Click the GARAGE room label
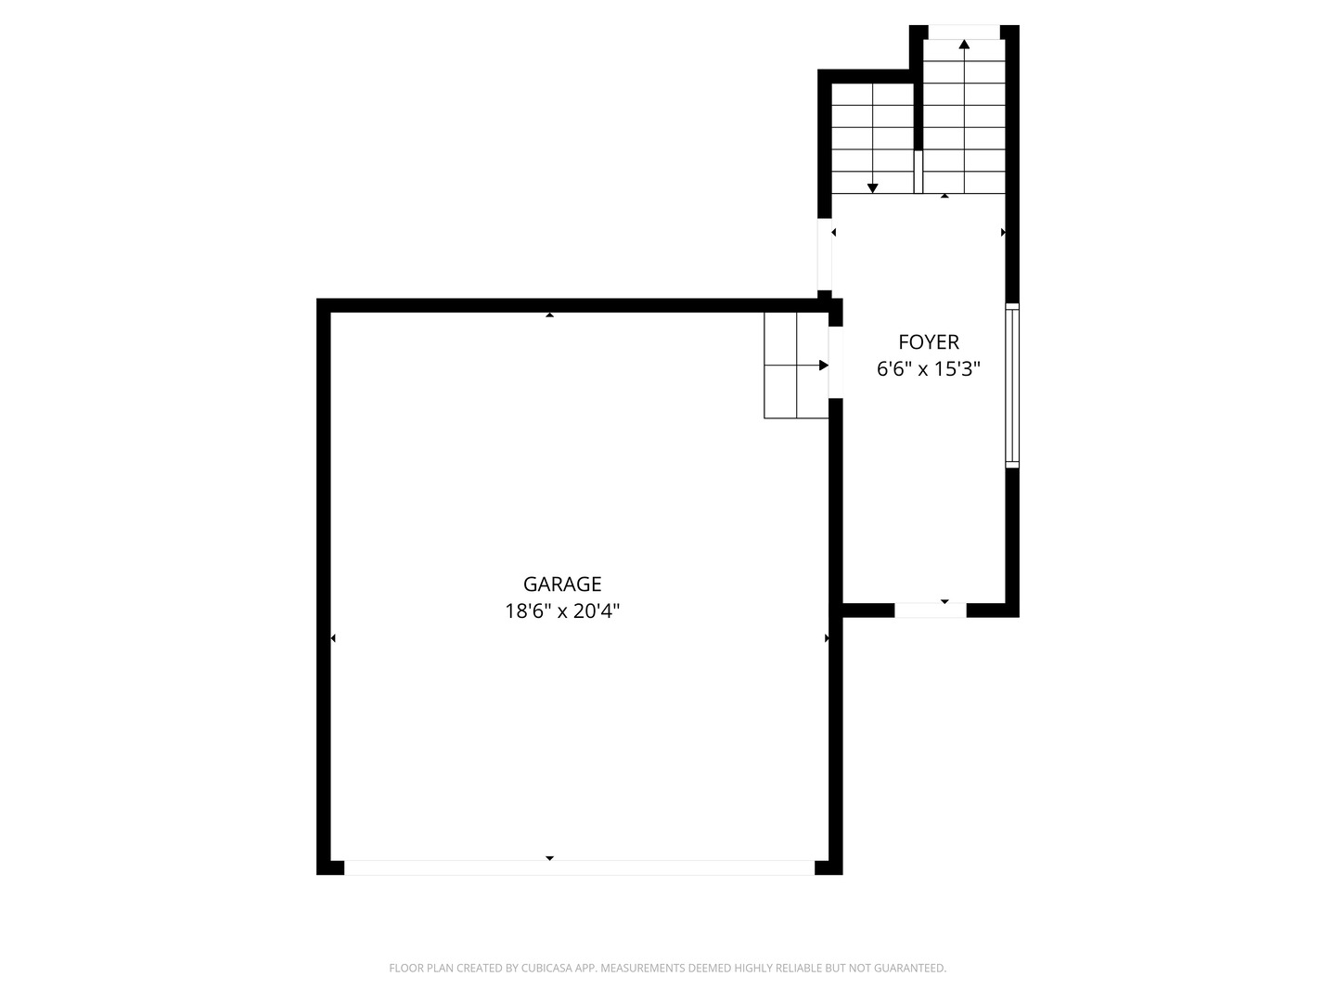562,584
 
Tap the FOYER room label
928,341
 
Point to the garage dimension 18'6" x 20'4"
562,611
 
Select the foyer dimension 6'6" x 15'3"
928,369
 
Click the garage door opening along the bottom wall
579,868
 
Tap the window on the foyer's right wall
1012,384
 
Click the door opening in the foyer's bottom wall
930,610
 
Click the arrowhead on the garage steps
823,366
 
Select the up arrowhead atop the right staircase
964,45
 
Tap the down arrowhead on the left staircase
872,188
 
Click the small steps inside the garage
795,366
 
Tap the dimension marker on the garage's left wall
333,638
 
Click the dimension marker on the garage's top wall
549,315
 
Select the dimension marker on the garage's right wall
827,638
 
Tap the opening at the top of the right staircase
964,32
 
